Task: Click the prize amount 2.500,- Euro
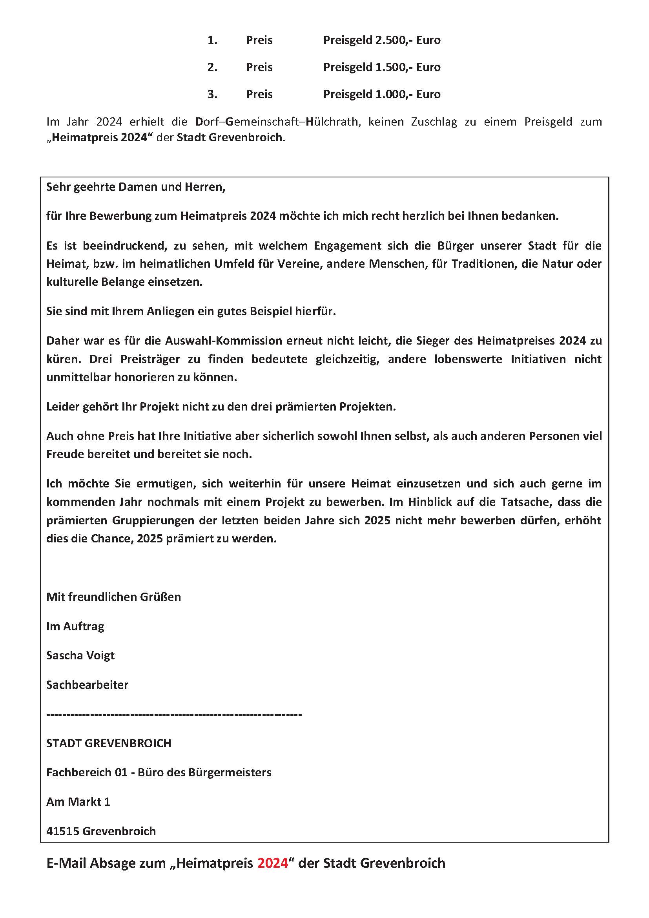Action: [408, 40]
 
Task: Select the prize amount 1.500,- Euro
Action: [408, 67]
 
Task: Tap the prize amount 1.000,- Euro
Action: [408, 94]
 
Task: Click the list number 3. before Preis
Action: [212, 94]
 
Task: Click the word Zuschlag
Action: [434, 122]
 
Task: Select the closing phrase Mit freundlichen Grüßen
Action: [113, 597]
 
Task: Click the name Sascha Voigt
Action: [80, 655]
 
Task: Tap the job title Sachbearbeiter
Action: [87, 685]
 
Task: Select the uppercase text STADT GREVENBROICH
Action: [109, 743]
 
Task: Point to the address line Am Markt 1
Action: [78, 802]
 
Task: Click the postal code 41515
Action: [63, 831]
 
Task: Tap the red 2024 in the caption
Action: [273, 863]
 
